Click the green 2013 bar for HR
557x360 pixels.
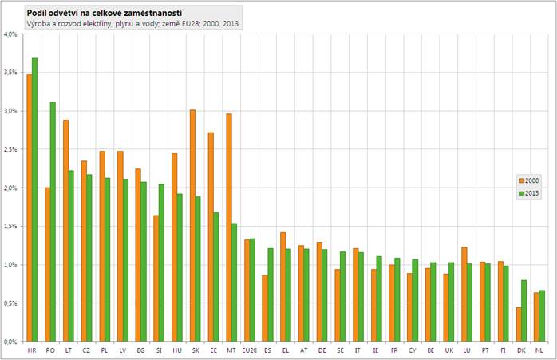[34, 200]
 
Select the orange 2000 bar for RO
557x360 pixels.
[47, 264]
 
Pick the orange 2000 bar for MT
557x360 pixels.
[228, 227]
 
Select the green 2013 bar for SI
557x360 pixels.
[162, 263]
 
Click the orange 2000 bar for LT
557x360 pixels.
[65, 231]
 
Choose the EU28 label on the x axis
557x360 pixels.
[250, 350]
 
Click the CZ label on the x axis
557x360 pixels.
[86, 350]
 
